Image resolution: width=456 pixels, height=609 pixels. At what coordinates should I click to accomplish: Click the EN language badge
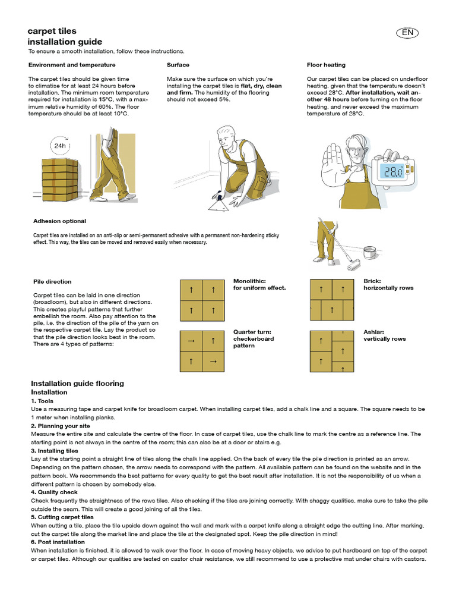click(407, 33)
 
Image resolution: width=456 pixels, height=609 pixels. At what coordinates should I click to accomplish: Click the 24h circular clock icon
click(60, 145)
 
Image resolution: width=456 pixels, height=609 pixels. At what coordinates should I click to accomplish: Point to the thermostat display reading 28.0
click(392, 172)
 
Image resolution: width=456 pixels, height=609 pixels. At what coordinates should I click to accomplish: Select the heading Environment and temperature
click(72, 65)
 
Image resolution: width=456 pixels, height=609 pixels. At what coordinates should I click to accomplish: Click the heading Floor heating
click(326, 65)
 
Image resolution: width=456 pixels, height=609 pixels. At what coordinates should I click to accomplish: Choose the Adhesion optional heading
click(59, 221)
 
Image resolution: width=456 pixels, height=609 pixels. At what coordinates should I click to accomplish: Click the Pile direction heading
click(52, 281)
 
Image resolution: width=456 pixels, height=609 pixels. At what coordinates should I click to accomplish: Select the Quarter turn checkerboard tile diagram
click(202, 351)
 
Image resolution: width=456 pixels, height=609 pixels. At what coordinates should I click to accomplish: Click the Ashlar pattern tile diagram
click(332, 351)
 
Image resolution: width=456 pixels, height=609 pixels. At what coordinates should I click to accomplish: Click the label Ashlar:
click(373, 332)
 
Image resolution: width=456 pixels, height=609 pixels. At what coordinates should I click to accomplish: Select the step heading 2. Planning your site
click(61, 426)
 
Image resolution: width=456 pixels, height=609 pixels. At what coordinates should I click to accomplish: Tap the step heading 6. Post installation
click(58, 542)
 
